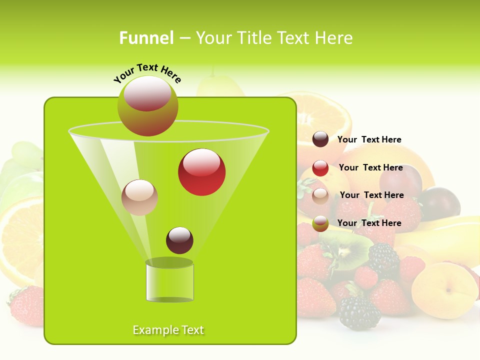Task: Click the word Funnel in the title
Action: (x=146, y=38)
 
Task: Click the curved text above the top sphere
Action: (x=147, y=73)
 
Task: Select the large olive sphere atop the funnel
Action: (x=147, y=106)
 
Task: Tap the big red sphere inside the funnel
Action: (x=201, y=172)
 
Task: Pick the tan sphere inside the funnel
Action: (x=139, y=197)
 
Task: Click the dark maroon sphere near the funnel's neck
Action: (x=179, y=240)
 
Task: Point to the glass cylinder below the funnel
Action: (x=169, y=281)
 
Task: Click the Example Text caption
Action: (x=168, y=330)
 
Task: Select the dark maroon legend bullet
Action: (x=320, y=139)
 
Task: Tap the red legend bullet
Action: (x=320, y=168)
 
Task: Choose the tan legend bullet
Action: (x=320, y=195)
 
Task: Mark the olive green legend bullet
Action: (x=320, y=223)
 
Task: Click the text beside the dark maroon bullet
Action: (x=369, y=139)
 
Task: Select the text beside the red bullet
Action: (x=371, y=167)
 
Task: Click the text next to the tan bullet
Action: (x=372, y=195)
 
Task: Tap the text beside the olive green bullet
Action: (x=369, y=223)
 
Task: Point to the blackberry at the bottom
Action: (x=359, y=313)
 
